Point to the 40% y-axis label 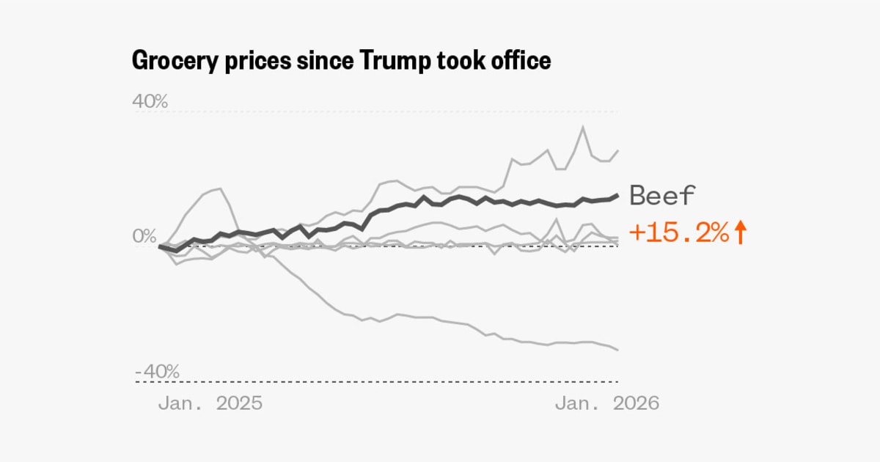[150, 101]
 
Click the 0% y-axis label [145, 236]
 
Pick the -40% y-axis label [157, 371]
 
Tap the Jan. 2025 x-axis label [210, 403]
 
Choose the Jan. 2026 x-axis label [606, 403]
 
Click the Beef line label [663, 196]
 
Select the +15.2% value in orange [679, 233]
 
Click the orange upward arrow [740, 233]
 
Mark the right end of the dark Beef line [617, 195]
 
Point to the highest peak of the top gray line [583, 127]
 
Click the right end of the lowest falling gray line [617, 349]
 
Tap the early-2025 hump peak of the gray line [219, 188]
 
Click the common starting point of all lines [160, 246]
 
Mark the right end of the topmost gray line [617, 150]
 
